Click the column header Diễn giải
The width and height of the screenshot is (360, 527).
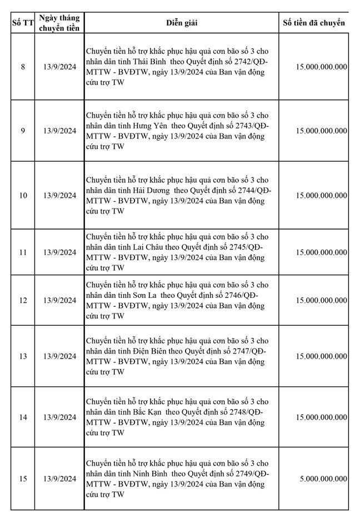pos(182,23)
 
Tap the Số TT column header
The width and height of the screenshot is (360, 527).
pos(23,23)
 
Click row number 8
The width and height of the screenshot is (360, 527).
pos(23,67)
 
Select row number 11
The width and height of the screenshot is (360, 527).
pos(23,252)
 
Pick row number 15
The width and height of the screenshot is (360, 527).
pos(23,479)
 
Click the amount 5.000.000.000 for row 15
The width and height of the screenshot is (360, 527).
pos(322,479)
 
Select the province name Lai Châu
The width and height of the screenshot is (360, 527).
pos(148,247)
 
